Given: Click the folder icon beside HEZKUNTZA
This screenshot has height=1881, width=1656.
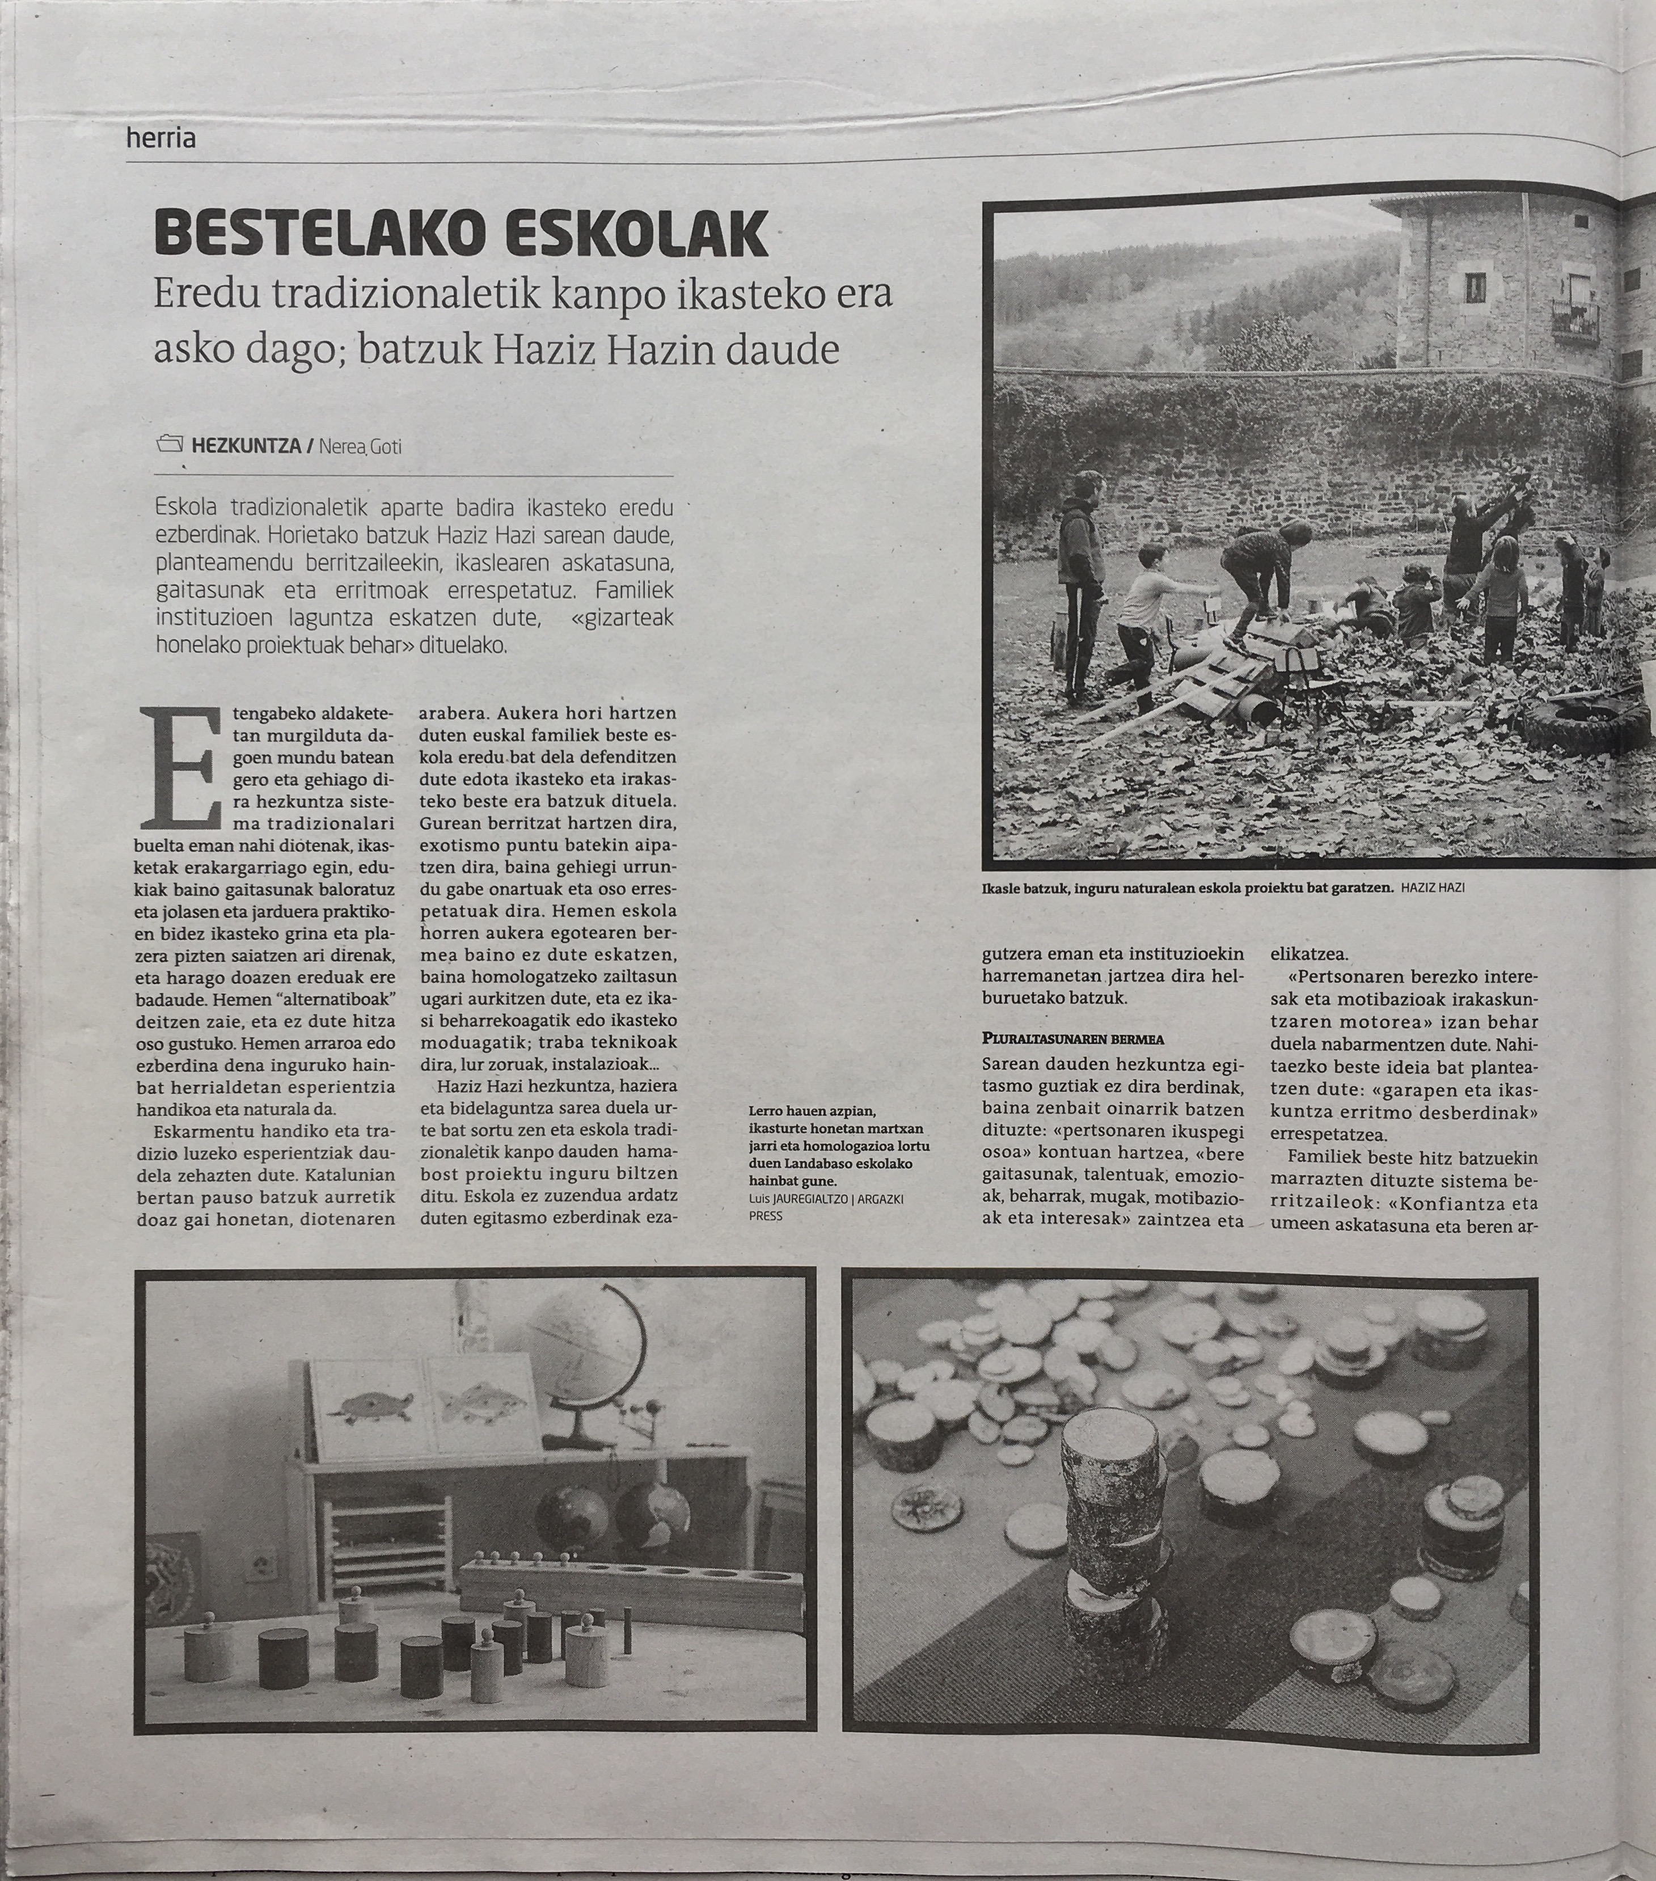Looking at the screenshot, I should (x=170, y=445).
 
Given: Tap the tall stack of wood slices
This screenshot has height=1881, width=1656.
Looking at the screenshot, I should (x=1105, y=1546).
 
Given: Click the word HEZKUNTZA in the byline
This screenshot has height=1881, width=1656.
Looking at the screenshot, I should (x=247, y=446).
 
